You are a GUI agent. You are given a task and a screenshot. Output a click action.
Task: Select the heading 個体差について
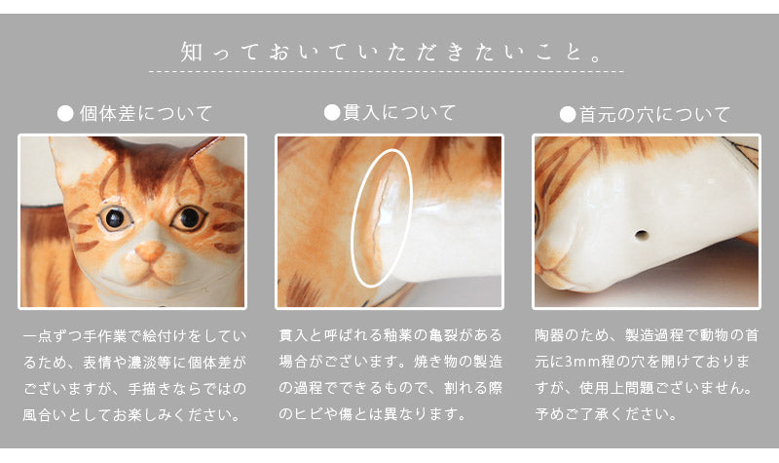(146, 114)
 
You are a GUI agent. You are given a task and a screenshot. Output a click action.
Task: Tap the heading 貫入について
(399, 112)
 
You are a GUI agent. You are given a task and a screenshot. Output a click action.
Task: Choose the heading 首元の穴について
(654, 115)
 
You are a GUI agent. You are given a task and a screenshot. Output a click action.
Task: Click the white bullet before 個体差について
(65, 114)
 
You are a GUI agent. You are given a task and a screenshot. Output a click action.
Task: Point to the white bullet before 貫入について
(332, 112)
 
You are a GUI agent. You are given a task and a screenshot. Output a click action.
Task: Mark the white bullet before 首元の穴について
(568, 115)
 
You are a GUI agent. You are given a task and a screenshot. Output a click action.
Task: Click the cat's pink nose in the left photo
(150, 251)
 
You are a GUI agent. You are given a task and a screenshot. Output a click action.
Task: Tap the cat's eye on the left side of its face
(115, 217)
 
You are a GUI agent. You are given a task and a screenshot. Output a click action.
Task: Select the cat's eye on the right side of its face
(188, 217)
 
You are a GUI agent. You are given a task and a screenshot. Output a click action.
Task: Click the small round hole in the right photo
(642, 234)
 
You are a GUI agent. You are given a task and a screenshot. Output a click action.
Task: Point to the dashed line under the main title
(387, 72)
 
